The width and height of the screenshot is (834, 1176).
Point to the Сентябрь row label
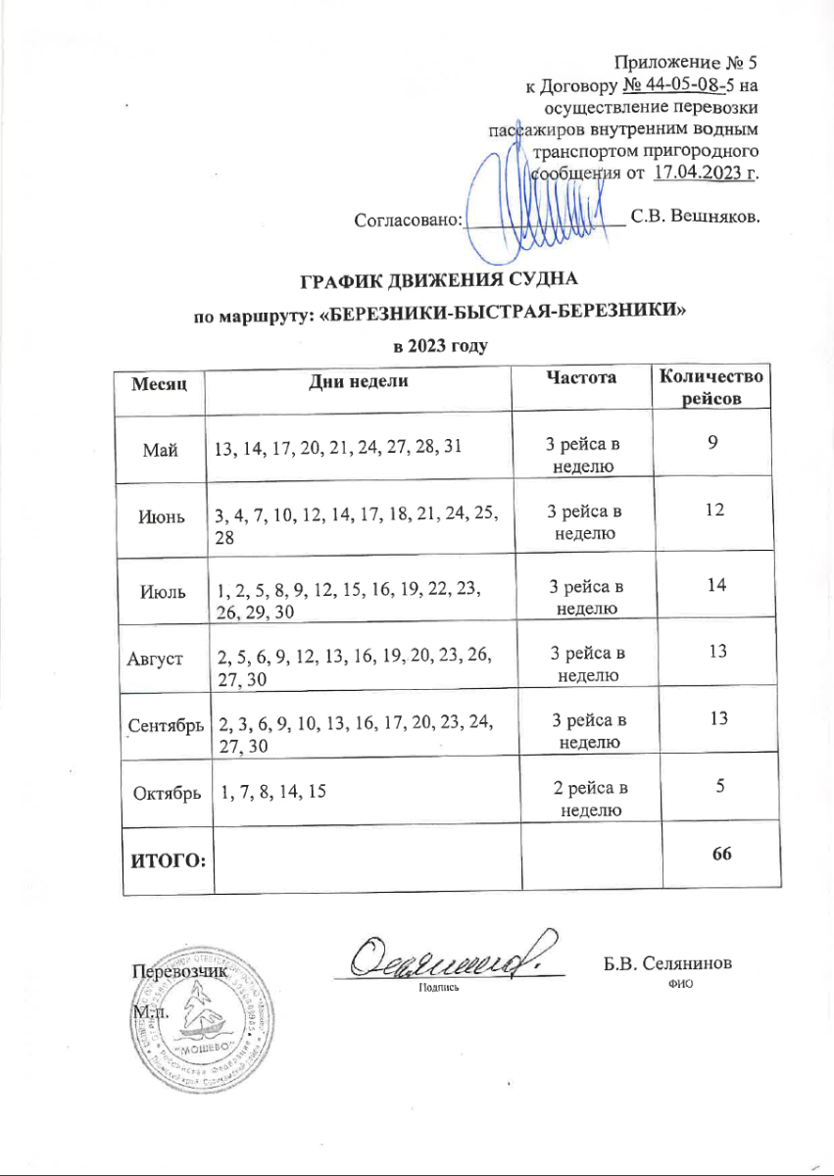164,725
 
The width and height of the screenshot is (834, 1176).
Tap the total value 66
722,854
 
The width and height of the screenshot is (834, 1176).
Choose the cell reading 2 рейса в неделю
587,800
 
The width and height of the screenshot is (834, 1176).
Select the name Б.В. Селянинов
667,964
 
